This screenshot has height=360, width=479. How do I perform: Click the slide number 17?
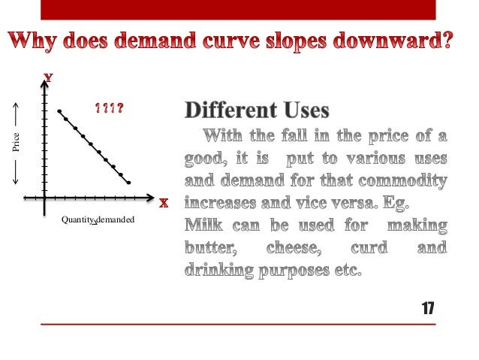(427, 308)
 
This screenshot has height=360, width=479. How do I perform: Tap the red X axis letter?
(163, 203)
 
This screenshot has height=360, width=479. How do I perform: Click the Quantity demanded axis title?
(98, 219)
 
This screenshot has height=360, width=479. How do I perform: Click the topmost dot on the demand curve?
(59, 111)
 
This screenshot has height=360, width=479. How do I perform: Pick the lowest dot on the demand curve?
(129, 183)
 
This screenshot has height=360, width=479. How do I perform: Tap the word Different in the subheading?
(226, 112)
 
